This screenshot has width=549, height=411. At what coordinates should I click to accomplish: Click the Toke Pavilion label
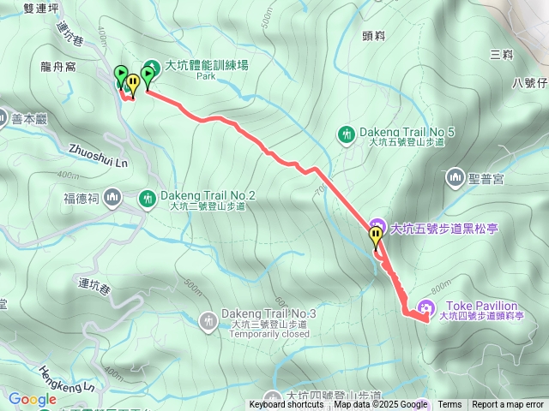[x=479, y=306]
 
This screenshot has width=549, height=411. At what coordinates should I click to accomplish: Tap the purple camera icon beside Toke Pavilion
[x=425, y=308]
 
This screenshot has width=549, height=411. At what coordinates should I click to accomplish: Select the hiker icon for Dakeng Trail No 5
[x=347, y=134]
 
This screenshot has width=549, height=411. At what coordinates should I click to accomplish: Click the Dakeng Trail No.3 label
[x=268, y=314]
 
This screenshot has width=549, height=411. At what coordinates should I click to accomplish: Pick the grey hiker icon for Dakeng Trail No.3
[x=208, y=321]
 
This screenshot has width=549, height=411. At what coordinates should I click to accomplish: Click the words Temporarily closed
[x=268, y=334]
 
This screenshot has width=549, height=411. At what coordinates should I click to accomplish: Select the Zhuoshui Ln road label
[x=99, y=155]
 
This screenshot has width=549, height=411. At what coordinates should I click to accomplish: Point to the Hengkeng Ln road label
[x=66, y=379]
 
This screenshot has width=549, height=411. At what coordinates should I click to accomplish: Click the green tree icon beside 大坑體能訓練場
[x=152, y=66]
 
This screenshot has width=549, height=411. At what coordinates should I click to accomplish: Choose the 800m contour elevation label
[x=443, y=286]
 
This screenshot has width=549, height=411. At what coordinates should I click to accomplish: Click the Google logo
[x=32, y=399]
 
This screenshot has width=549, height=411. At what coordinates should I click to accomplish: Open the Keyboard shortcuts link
[x=287, y=405]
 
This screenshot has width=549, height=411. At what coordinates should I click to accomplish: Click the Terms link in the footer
[x=449, y=405]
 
